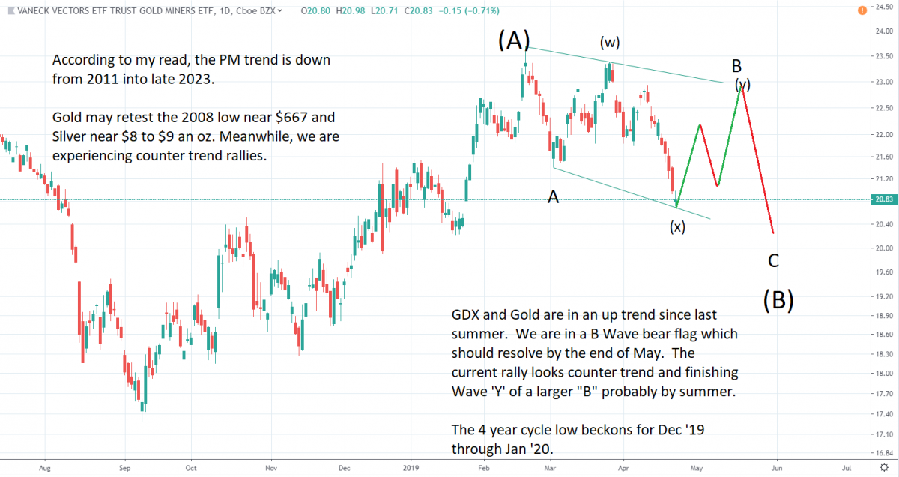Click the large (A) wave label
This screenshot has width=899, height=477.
pyautogui.click(x=514, y=40)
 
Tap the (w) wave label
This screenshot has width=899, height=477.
pyautogui.click(x=610, y=42)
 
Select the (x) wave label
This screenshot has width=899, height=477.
pyautogui.click(x=677, y=227)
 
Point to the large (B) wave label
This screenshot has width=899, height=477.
pyautogui.click(x=778, y=300)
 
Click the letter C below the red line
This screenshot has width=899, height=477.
pyautogui.click(x=774, y=261)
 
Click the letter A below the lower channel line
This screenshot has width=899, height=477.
pyautogui.click(x=553, y=197)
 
